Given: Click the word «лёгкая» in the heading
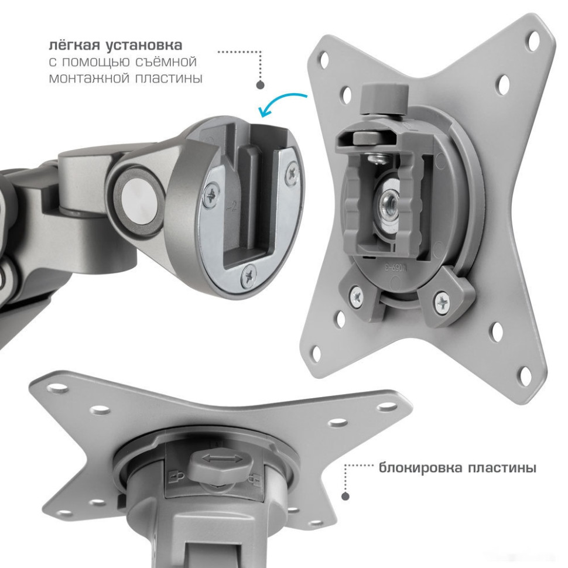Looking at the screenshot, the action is tap(75, 45).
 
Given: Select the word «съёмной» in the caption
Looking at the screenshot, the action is tap(166, 61).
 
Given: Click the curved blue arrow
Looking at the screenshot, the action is tap(279, 101).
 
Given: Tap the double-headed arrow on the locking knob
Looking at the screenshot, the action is tap(222, 460).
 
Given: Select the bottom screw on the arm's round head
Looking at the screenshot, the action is tap(249, 276).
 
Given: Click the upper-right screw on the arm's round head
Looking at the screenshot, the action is tap(292, 174).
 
